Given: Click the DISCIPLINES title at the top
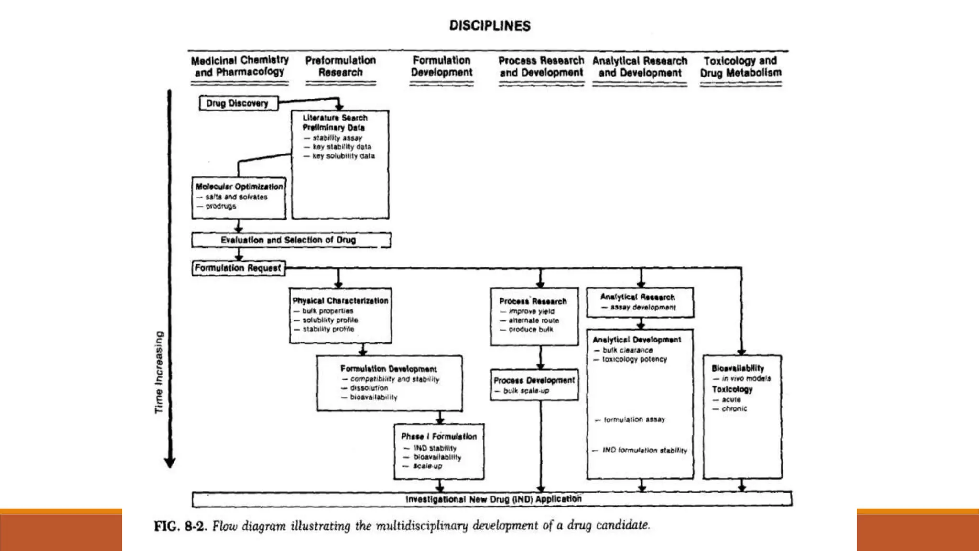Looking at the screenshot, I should [489, 25].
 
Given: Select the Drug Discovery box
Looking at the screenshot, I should [238, 103].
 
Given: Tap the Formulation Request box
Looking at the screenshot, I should [238, 268].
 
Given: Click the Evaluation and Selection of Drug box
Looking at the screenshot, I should [289, 240].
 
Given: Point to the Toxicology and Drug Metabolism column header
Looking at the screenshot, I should [740, 66].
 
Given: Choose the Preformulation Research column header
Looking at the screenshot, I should [340, 66].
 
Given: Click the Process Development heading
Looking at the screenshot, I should [534, 380].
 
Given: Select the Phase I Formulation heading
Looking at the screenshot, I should [439, 436].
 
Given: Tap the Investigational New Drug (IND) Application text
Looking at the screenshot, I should [493, 499].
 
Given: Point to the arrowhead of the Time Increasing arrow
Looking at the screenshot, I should [170, 463].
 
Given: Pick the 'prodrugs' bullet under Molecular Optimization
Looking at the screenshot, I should [220, 206].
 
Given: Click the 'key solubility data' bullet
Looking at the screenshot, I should [343, 156].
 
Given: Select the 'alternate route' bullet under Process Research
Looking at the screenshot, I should [533, 320].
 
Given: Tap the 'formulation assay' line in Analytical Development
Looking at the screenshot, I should [634, 419].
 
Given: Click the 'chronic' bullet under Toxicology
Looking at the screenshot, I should [734, 408].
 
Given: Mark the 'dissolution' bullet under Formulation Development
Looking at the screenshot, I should [369, 388].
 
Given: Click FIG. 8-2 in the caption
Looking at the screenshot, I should [180, 527].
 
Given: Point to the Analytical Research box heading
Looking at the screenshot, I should [638, 297].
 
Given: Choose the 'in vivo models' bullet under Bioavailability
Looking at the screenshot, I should [746, 378].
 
